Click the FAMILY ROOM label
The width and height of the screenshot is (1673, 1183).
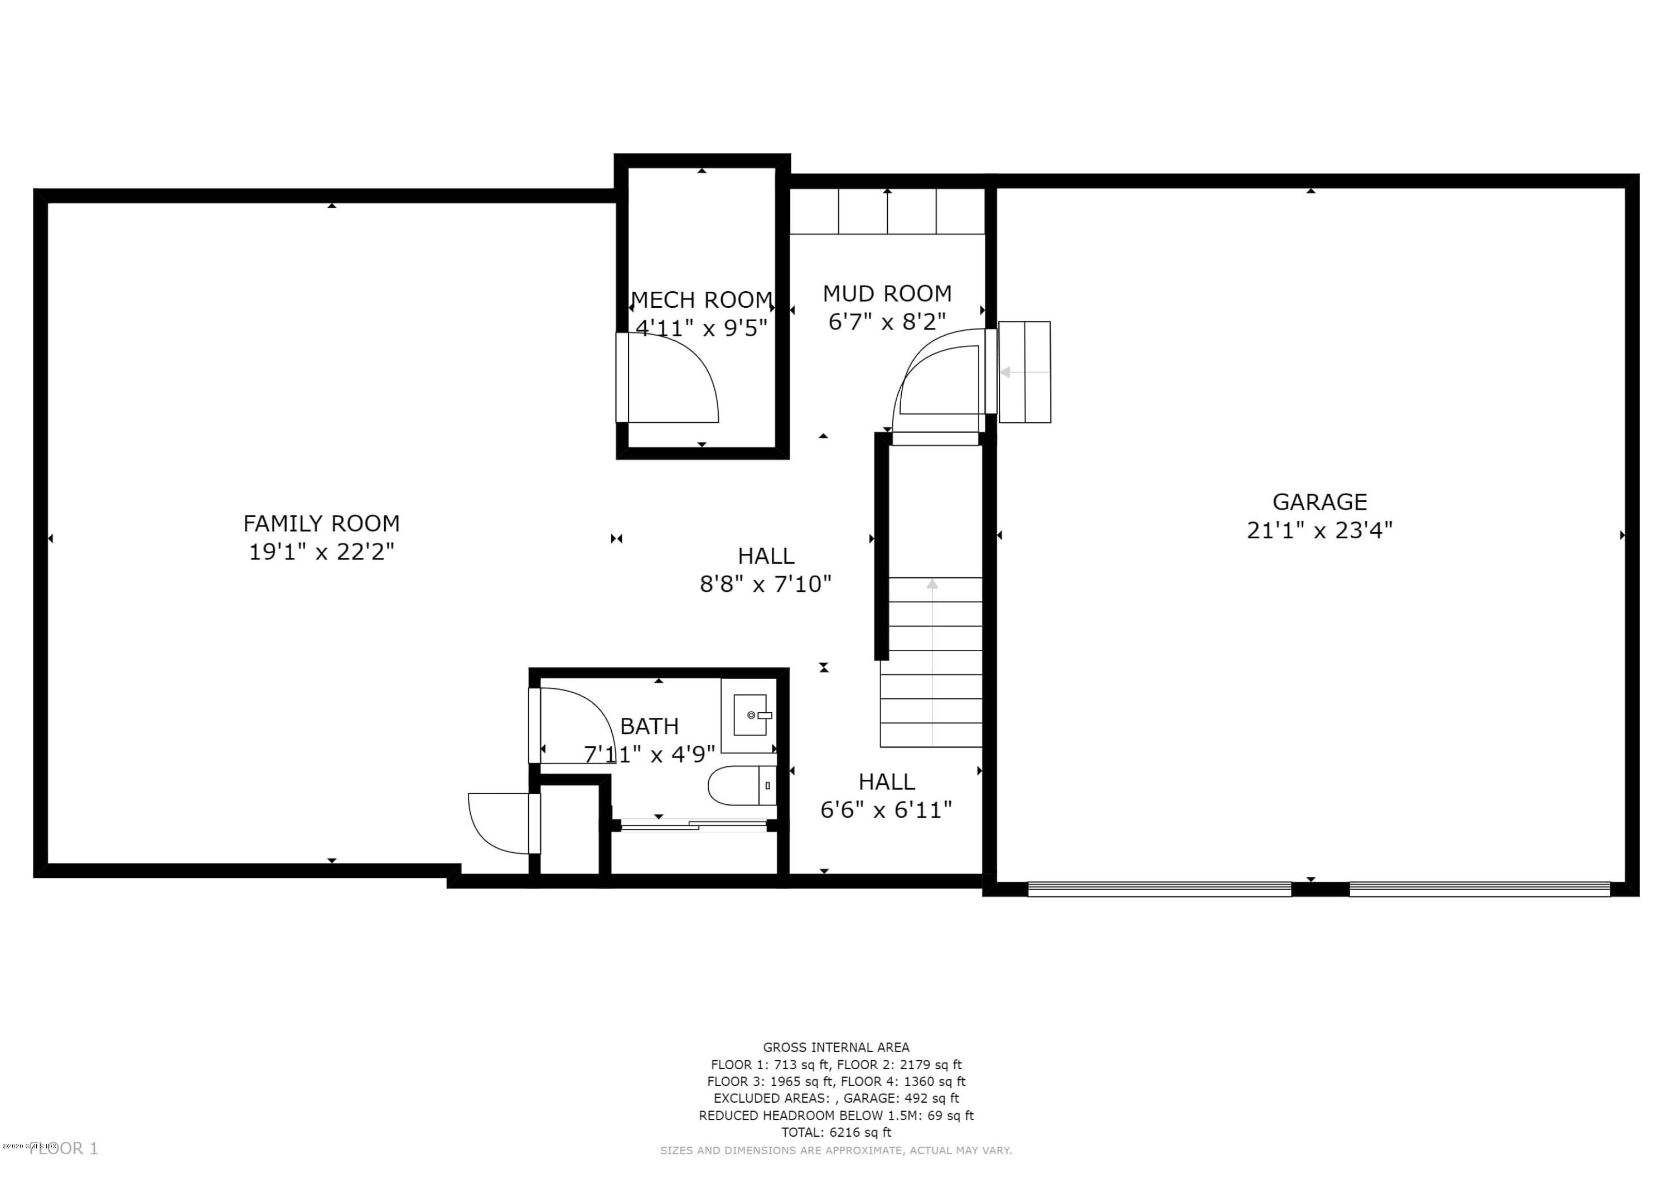tap(321, 523)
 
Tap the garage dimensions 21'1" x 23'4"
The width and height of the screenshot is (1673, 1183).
tap(1319, 530)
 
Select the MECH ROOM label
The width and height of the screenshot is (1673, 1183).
tap(701, 300)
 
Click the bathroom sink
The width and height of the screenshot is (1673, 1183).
tap(750, 715)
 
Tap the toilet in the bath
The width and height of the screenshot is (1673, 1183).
tap(739, 785)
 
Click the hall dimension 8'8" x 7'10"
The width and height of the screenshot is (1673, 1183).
tap(765, 584)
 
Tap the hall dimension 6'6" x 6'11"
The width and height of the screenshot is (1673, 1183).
tap(886, 810)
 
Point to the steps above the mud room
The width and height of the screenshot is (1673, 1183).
tap(887, 211)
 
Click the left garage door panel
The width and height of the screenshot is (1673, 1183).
tap(1159, 889)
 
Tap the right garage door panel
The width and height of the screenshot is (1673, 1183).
tap(1479, 889)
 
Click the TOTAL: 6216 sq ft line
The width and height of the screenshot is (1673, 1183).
tap(836, 1132)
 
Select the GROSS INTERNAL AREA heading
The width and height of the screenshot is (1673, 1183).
tap(836, 1047)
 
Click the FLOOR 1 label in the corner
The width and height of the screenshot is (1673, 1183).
tap(64, 1149)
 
